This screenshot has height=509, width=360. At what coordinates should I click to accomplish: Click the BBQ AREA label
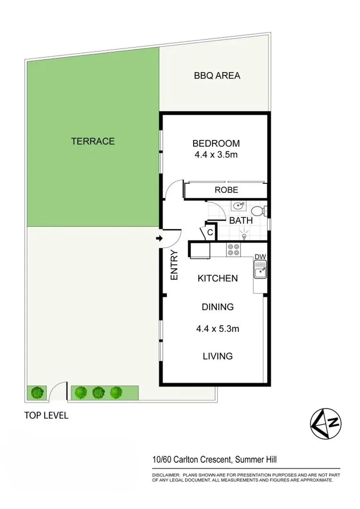pyautogui.click(x=217, y=75)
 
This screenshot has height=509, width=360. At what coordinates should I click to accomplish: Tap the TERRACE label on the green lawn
pyautogui.click(x=93, y=141)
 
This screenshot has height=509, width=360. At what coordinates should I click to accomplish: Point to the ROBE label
pyautogui.click(x=226, y=190)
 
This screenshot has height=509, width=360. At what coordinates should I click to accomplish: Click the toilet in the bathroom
pyautogui.click(x=259, y=209)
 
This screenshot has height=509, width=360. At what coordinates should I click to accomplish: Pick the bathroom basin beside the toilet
pyautogui.click(x=239, y=205)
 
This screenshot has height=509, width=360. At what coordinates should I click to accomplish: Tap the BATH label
pyautogui.click(x=241, y=220)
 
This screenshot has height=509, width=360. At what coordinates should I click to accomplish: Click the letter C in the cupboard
pyautogui.click(x=210, y=232)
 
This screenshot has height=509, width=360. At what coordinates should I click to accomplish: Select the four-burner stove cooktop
pyautogui.click(x=233, y=249)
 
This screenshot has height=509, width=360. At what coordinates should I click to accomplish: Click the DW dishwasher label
pyautogui.click(x=261, y=257)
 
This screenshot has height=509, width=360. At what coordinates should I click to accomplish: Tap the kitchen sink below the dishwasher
pyautogui.click(x=260, y=271)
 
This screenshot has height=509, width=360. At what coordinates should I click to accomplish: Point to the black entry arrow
pyautogui.click(x=159, y=239)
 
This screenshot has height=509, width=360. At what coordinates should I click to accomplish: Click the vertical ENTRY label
pyautogui.click(x=174, y=265)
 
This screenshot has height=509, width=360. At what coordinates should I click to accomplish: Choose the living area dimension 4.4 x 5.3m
pyautogui.click(x=218, y=329)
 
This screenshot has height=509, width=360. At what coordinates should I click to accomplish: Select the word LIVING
pyautogui.click(x=218, y=356)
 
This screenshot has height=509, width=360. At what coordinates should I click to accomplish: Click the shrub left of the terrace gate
pyautogui.click(x=37, y=392)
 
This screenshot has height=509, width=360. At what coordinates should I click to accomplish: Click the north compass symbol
pyautogui.click(x=325, y=422)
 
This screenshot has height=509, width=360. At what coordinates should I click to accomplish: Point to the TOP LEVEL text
pyautogui.click(x=46, y=416)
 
